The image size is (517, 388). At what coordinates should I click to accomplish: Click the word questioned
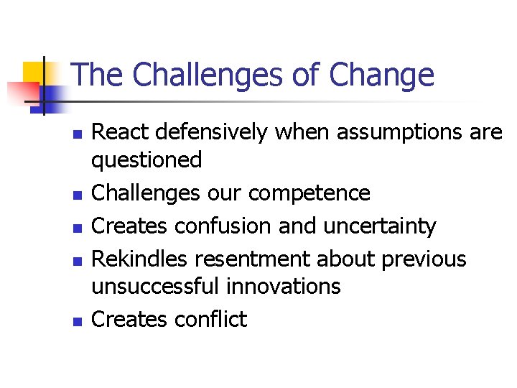point(146,160)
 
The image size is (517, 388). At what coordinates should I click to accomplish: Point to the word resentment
point(254,259)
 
